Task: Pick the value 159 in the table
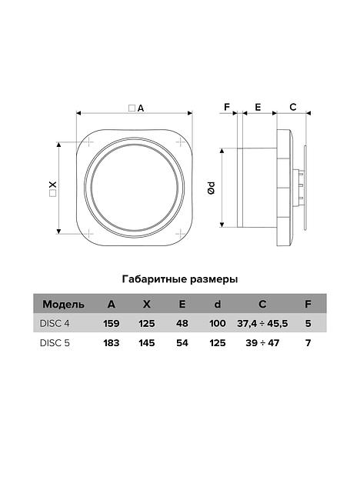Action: point(112,323)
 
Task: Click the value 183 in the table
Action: point(112,343)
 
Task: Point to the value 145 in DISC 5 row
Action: point(146,343)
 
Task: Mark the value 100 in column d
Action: point(217,323)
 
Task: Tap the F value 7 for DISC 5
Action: point(308,343)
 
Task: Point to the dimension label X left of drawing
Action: point(52,187)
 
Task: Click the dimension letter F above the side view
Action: point(227,106)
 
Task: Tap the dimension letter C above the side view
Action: point(293,106)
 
